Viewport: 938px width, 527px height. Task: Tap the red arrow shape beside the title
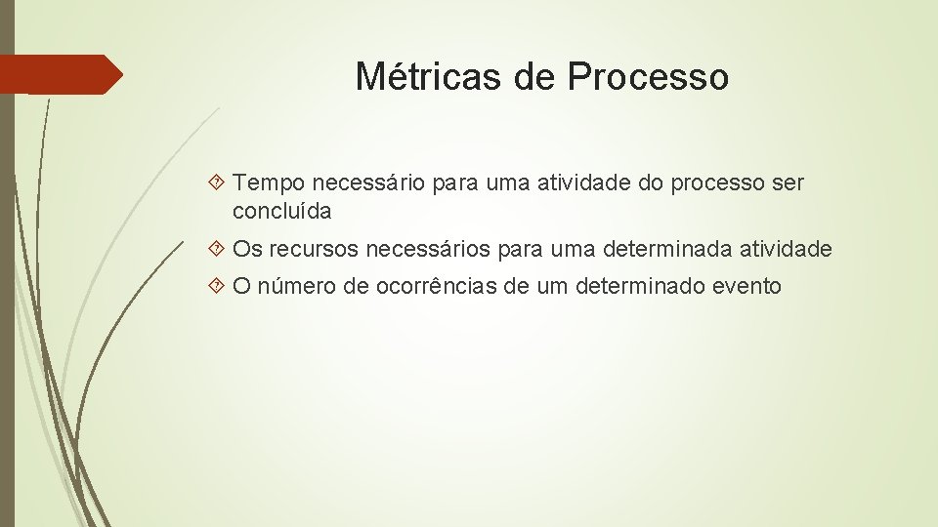(x=61, y=74)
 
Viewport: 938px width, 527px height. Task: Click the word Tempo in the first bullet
(x=269, y=182)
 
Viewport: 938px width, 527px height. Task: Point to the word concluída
(x=282, y=210)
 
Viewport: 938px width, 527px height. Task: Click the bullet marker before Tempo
(x=218, y=182)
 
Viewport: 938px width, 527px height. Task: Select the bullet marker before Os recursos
(x=218, y=250)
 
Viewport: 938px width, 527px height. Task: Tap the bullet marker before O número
(x=218, y=287)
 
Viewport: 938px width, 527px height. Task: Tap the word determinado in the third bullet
(x=638, y=287)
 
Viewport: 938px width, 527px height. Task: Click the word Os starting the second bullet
(x=248, y=250)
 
